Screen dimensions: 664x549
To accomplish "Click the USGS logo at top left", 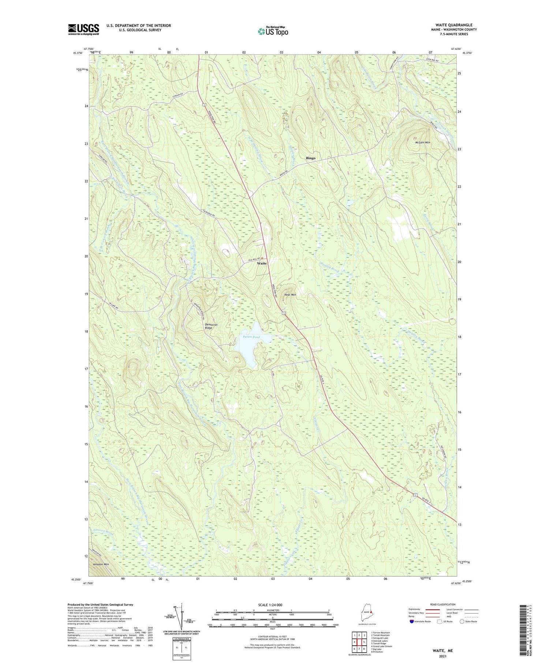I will [83, 29].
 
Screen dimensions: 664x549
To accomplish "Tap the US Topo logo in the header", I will [273, 31].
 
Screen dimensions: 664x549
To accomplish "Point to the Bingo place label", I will [310, 158].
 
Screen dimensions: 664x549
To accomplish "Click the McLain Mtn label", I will [422, 142].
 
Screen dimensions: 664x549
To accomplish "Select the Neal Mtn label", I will [290, 294].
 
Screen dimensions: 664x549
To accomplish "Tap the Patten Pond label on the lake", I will [251, 337].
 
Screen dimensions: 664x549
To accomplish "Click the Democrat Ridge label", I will [211, 326].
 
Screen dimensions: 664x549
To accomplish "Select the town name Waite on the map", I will [262, 263].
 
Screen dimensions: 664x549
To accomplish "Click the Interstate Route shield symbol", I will [411, 622].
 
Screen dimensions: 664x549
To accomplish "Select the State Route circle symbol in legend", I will [462, 622].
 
